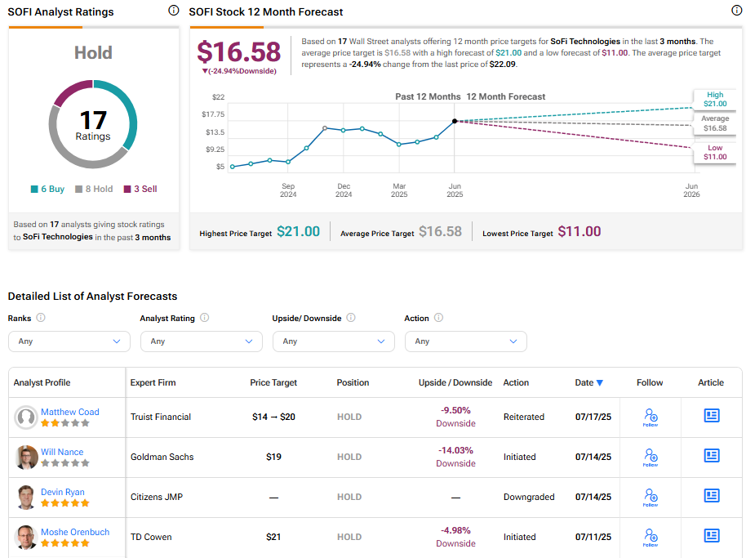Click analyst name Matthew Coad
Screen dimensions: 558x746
coord(70,412)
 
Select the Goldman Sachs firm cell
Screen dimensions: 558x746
coord(162,457)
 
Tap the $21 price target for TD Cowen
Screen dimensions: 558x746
coord(273,537)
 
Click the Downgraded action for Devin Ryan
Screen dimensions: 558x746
coord(529,497)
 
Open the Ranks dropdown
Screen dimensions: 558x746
coord(69,341)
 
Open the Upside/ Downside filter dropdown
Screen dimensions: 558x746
coord(333,341)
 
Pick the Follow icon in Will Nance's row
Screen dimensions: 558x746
coord(650,457)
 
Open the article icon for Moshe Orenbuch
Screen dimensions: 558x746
coord(712,536)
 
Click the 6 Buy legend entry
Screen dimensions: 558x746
coord(47,189)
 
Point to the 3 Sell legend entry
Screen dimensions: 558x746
coord(140,189)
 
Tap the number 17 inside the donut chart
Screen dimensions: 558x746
coord(93,121)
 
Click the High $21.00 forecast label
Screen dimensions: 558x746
coord(714,100)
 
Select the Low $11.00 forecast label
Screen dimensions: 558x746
coord(714,153)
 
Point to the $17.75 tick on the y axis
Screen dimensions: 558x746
coord(213,114)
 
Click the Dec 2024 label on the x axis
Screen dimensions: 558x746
coord(344,190)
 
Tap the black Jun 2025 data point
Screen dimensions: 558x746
coord(455,121)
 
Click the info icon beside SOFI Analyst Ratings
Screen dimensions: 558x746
coord(173,11)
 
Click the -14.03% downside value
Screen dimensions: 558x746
coord(455,450)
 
